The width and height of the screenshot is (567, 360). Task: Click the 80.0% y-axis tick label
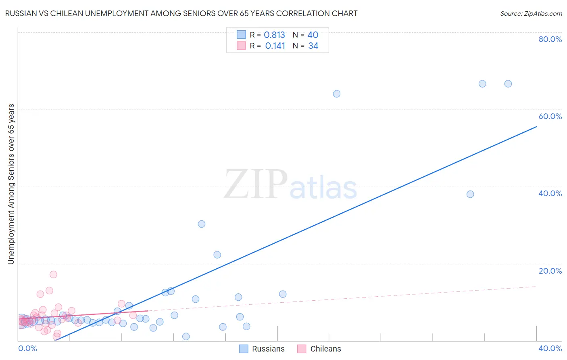(550, 39)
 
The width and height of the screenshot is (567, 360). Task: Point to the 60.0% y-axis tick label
(550, 116)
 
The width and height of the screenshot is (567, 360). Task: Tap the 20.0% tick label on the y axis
(550, 271)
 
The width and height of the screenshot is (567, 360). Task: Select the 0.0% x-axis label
(27, 348)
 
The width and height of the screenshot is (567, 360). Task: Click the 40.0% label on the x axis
(550, 348)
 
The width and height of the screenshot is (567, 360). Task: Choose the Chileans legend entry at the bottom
(319, 349)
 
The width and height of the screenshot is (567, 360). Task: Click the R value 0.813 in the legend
(274, 35)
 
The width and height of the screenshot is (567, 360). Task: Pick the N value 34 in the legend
(313, 46)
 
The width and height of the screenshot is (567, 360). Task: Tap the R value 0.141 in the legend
(275, 46)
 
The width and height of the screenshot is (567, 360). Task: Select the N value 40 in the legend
(313, 35)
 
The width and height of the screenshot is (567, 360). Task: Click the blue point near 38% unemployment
(470, 194)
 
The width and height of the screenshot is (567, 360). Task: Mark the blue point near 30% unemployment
(202, 224)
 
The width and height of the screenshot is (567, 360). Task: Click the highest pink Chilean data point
(53, 274)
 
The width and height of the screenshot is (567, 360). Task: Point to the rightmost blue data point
(508, 84)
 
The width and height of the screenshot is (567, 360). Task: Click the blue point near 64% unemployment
(337, 94)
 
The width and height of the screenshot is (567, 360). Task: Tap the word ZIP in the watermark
(255, 184)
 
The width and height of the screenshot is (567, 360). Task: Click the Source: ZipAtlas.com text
(531, 14)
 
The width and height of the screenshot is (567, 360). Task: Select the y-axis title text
(11, 184)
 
